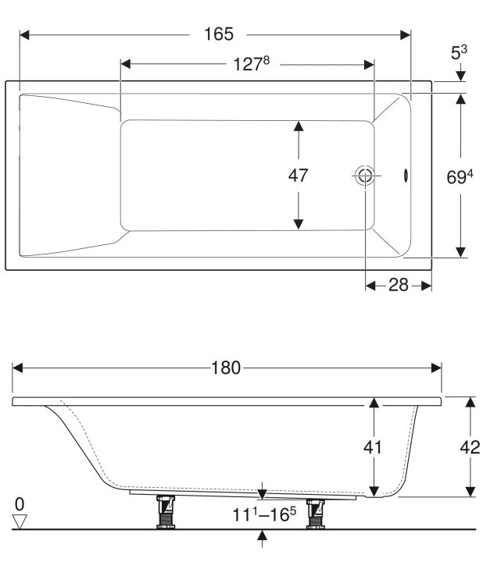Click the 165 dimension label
click(x=220, y=34)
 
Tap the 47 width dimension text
click(x=298, y=176)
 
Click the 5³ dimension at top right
click(x=460, y=53)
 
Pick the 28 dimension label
click(x=399, y=285)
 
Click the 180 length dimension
click(x=226, y=368)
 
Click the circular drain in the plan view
click(x=364, y=176)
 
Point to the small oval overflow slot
click(x=405, y=176)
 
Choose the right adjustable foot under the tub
click(x=316, y=512)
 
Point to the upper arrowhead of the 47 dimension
click(x=298, y=126)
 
